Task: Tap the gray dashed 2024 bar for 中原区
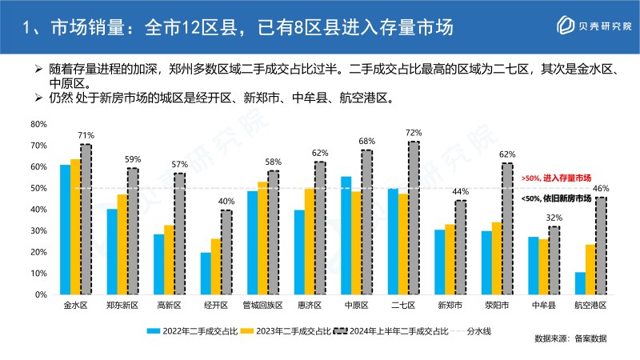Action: [x=366, y=221]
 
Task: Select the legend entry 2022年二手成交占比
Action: [x=190, y=329]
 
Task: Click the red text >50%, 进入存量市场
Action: [x=556, y=177]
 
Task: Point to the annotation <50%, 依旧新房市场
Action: [x=556, y=198]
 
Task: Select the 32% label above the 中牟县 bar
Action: [x=554, y=217]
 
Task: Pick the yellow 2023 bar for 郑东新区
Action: [x=122, y=244]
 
